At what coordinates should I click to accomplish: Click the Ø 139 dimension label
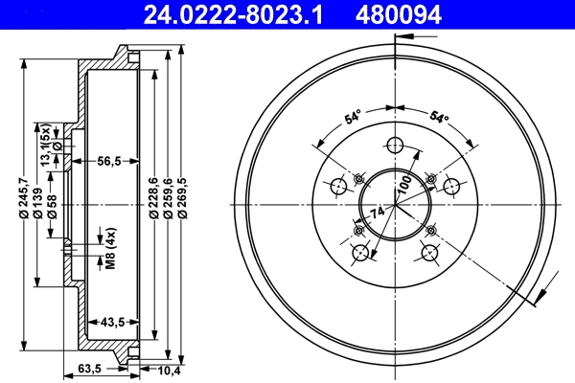tap(37, 205)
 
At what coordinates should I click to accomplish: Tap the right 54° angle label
tap(438, 119)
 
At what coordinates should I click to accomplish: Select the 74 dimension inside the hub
tap(378, 213)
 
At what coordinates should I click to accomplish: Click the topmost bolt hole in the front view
tap(394, 146)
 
